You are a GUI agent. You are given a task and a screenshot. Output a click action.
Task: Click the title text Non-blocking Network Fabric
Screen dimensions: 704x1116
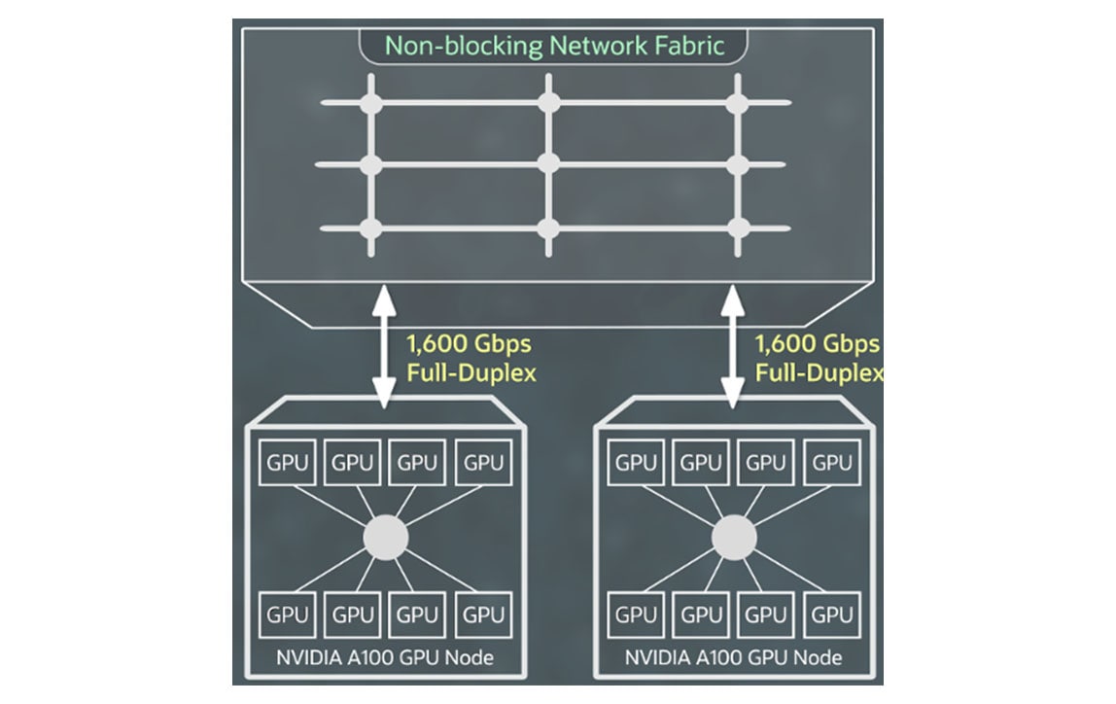555,46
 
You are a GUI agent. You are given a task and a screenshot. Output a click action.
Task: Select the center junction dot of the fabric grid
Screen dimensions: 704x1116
548,163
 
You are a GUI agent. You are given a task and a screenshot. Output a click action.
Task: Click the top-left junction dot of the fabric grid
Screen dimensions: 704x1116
369,102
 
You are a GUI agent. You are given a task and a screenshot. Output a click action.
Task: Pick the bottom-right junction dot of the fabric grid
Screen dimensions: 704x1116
738,229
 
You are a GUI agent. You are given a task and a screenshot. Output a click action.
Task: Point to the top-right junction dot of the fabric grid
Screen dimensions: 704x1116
738,102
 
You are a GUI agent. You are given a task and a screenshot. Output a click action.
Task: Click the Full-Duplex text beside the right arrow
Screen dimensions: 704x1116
820,373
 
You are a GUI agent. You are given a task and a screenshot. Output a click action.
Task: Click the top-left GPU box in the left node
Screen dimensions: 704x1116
287,463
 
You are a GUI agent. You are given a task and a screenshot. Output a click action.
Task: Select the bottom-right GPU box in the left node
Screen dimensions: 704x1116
483,615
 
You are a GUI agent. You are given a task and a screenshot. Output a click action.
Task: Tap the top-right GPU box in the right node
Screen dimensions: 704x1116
832,463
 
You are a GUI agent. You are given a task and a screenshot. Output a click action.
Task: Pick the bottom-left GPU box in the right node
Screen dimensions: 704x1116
636,615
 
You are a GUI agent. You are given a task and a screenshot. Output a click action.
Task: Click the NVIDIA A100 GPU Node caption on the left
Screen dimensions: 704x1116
385,657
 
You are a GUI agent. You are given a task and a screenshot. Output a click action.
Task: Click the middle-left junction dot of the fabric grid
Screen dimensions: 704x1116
369,163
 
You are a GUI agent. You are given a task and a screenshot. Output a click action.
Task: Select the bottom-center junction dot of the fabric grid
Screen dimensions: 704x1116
548,229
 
